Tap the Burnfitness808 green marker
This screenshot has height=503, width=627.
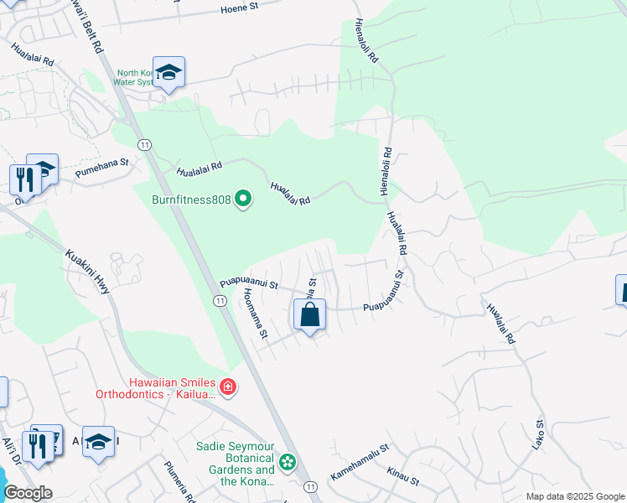[x=244, y=200]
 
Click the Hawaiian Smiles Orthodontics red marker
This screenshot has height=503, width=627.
[x=228, y=387]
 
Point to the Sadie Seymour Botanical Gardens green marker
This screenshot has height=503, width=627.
[x=288, y=462]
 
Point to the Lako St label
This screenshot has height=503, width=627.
[x=538, y=434]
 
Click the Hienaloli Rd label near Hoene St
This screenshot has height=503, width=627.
[x=367, y=42]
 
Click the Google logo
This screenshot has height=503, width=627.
[x=28, y=493]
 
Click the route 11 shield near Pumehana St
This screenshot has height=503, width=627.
[x=145, y=145]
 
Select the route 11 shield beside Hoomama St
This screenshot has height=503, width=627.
[x=219, y=301]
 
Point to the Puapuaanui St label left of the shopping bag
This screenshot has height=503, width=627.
[x=249, y=284]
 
